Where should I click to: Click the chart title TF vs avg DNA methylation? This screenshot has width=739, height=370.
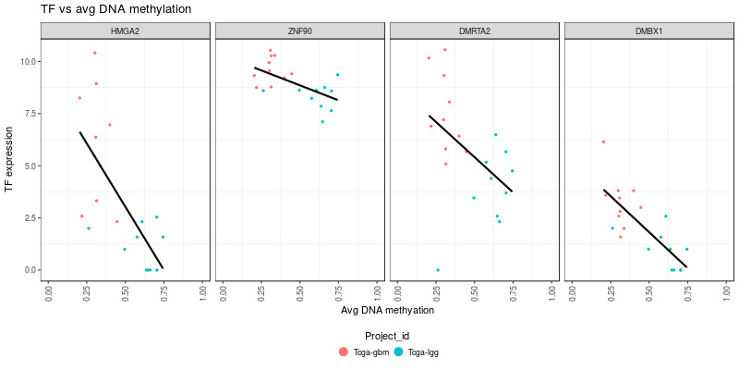coord(116,9)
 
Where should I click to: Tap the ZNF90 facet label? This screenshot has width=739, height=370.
coord(299,31)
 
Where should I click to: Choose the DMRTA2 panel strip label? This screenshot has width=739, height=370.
coord(474,31)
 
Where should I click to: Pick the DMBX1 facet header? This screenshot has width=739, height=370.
coord(648,31)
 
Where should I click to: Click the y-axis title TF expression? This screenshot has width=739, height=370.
coord(9,160)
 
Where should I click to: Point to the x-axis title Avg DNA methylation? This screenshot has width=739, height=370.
coord(387,311)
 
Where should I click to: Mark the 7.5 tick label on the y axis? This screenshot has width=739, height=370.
coord(30,115)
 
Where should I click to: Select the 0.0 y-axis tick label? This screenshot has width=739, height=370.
coord(30,270)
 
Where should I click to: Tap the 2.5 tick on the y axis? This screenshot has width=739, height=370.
coord(30,218)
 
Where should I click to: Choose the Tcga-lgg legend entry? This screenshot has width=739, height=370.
coord(421,352)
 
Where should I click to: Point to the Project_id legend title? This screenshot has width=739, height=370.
coord(387,336)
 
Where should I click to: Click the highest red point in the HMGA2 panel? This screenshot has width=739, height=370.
coord(94,53)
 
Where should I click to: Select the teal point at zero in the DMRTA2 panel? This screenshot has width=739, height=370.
coord(437,270)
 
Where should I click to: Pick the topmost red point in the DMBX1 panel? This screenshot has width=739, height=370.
coord(603,142)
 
